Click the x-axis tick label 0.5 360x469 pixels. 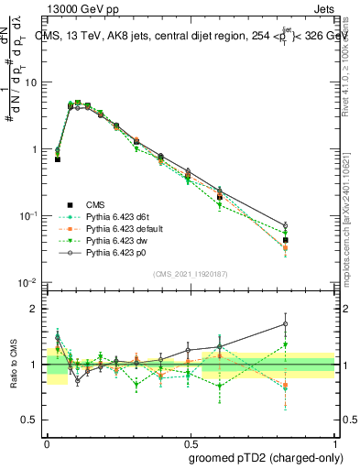191,442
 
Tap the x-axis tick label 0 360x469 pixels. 47,442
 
